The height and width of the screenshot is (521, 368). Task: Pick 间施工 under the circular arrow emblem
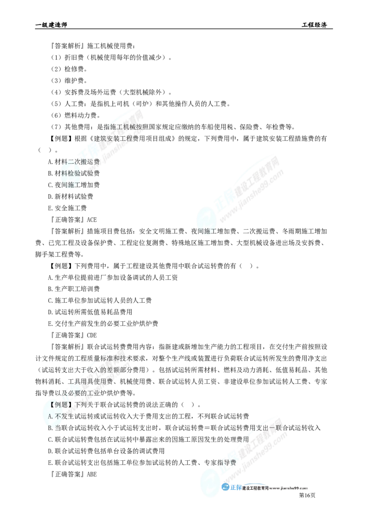tap(207, 231)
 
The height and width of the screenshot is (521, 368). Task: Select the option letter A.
tap(50, 416)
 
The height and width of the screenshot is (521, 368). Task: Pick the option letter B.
tap(50, 427)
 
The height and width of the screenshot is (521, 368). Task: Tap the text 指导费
tap(226, 463)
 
